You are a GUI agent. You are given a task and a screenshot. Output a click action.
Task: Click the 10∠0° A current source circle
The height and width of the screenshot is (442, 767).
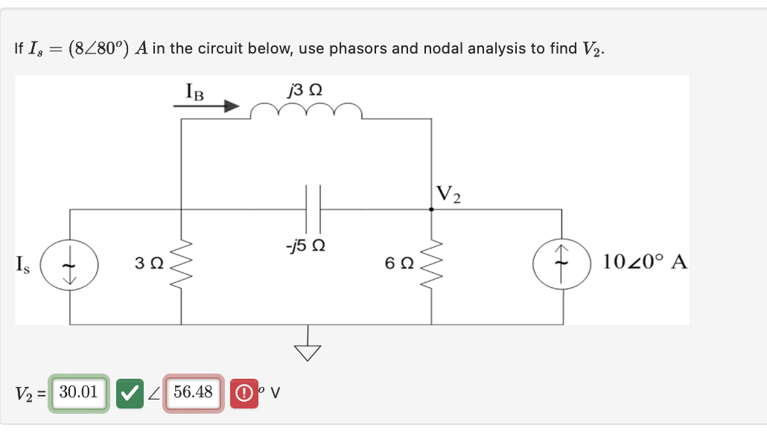pyautogui.click(x=562, y=266)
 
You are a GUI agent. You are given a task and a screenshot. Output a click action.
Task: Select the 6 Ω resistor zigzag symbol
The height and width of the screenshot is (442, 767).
pyautogui.click(x=432, y=265)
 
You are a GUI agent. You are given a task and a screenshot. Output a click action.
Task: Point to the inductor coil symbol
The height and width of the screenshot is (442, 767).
pyautogui.click(x=306, y=112)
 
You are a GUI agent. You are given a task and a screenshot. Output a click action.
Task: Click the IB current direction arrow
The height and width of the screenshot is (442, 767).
pyautogui.click(x=206, y=107)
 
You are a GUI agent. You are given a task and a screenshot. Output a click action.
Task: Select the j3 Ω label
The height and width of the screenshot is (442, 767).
pyautogui.click(x=305, y=90)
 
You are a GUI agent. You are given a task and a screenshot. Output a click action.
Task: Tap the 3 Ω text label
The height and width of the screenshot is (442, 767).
pyautogui.click(x=149, y=263)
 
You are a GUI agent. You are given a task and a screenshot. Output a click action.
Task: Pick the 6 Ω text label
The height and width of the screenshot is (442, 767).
pyautogui.click(x=399, y=263)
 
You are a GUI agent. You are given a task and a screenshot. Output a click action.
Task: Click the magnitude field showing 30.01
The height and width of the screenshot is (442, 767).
pyautogui.click(x=79, y=392)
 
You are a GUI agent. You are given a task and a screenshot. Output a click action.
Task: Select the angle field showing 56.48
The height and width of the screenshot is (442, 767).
pyautogui.click(x=193, y=392)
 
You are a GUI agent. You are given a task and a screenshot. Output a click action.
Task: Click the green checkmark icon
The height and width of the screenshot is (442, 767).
pyautogui.click(x=131, y=393)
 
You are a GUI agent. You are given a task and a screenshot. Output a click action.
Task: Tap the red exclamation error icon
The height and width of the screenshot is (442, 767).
pyautogui.click(x=243, y=393)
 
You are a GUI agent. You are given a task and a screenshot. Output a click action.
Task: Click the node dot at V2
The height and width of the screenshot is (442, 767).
pyautogui.click(x=432, y=210)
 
